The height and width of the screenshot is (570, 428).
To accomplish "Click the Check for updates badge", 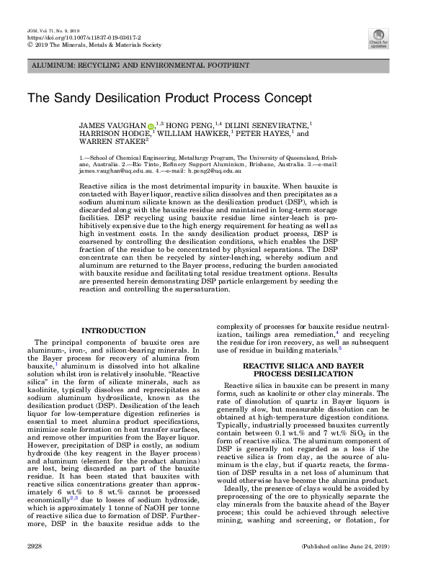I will click(378, 37).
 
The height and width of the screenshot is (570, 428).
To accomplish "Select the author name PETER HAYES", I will click(267, 133).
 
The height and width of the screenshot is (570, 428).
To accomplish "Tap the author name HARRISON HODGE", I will click(114, 133).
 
